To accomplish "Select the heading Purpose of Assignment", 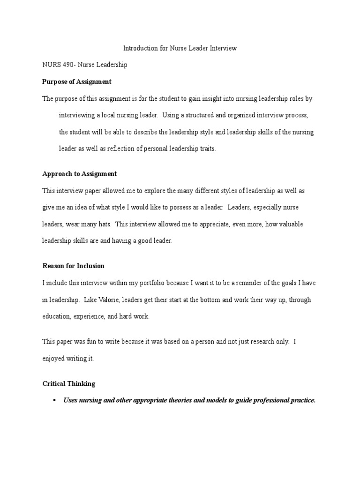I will [x=77, y=82].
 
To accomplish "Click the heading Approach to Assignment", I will [x=80, y=173].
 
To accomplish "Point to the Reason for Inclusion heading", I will [x=74, y=266].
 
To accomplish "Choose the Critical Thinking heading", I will [x=69, y=383].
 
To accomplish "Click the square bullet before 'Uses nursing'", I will [x=55, y=400].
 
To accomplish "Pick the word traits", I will [x=206, y=149].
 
